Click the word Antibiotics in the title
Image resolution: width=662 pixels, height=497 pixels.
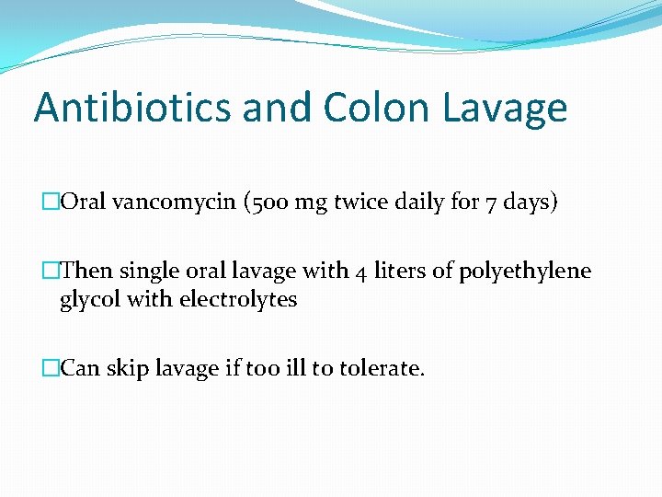[131, 108]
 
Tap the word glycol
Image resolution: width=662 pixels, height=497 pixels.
[88, 300]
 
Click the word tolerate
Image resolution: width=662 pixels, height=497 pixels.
[382, 369]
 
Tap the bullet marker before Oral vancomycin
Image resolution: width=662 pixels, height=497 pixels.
[51, 203]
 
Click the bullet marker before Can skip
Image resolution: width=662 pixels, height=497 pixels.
[51, 369]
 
